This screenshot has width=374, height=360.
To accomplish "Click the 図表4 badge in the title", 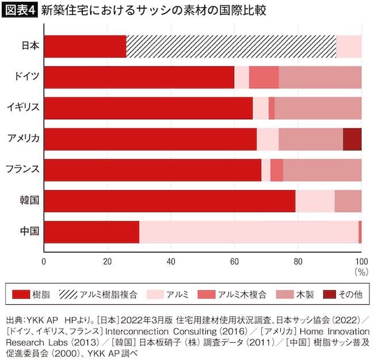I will pos(20,11).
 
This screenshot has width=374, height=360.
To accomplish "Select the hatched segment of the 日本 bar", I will pos(231,47).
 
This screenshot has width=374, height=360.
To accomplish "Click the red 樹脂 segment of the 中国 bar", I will pos(91,232).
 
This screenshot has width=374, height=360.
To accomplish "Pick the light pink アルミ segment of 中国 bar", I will pos(249,232).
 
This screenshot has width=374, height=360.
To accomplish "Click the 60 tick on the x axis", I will pos(235,260).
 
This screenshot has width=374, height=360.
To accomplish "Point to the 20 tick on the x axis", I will pos(107,260).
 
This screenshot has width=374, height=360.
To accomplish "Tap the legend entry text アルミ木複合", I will pos(242,294).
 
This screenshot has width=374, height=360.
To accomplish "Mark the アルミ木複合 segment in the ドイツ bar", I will pos(264,77).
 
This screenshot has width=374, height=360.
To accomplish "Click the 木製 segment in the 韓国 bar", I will pos(348,200).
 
